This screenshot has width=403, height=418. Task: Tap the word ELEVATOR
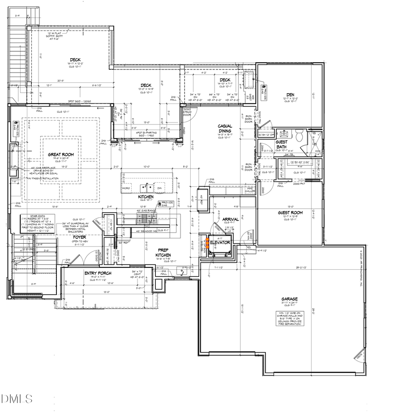click(x=220, y=242)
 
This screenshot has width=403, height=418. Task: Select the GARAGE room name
click(x=289, y=299)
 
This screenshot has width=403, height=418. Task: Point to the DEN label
click(x=290, y=95)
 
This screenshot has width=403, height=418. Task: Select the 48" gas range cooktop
click(x=145, y=219)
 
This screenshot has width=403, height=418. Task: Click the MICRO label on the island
click(x=126, y=188)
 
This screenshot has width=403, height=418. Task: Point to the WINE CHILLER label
click(x=249, y=190)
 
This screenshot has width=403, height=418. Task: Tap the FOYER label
click(x=80, y=237)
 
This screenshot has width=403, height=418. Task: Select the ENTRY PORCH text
click(x=98, y=273)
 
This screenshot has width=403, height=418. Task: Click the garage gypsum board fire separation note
click(x=289, y=318)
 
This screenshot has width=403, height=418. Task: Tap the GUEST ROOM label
click(x=290, y=213)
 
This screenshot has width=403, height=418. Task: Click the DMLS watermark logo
click(x=17, y=398)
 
